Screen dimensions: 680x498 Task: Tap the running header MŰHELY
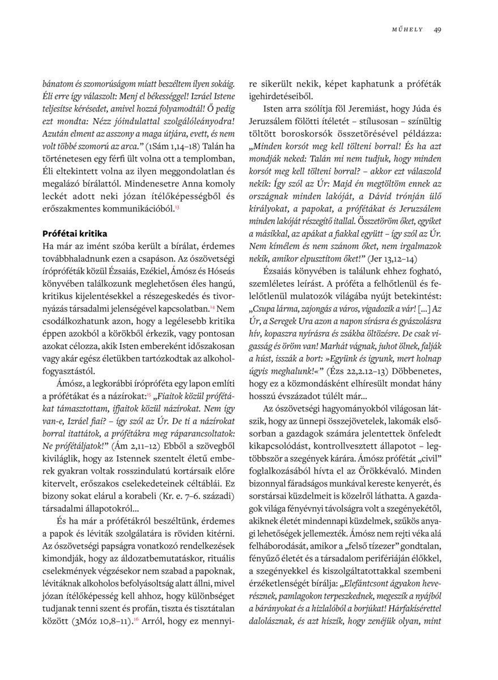pyautogui.click(x=407, y=30)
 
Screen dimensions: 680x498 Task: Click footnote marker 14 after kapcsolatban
pyautogui.click(x=212, y=306)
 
